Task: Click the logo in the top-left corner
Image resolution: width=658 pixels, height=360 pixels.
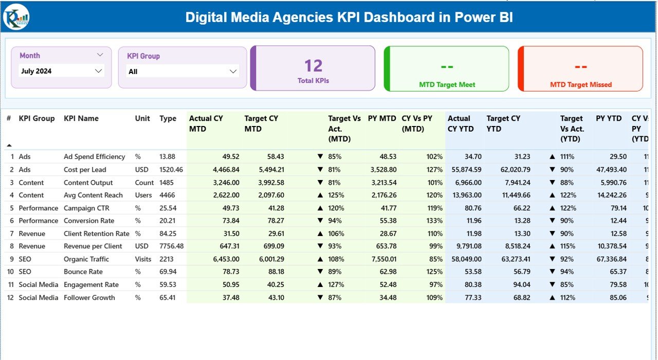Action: click(x=16, y=18)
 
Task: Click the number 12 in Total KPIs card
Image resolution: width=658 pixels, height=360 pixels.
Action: click(x=313, y=66)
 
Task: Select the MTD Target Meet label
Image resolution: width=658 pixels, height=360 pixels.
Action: click(x=447, y=84)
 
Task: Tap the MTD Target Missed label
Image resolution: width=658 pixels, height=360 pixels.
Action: click(x=581, y=84)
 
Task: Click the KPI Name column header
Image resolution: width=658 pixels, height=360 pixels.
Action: click(x=81, y=118)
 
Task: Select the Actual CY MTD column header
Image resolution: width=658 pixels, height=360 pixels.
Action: click(x=206, y=123)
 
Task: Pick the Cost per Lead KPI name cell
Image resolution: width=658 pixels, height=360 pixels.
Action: click(x=85, y=170)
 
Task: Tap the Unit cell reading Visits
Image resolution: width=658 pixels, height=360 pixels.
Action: click(x=143, y=259)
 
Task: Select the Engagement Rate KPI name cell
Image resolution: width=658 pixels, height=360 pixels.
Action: click(x=91, y=284)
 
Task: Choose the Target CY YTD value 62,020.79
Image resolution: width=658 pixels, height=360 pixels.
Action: click(x=515, y=170)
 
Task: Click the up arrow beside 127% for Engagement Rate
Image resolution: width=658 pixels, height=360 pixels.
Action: click(x=320, y=284)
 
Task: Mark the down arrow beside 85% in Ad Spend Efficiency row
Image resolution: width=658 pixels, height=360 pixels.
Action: click(x=320, y=157)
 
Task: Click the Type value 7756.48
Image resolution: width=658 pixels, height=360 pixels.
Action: click(x=171, y=246)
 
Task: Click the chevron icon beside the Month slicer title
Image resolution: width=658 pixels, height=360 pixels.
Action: click(x=100, y=55)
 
